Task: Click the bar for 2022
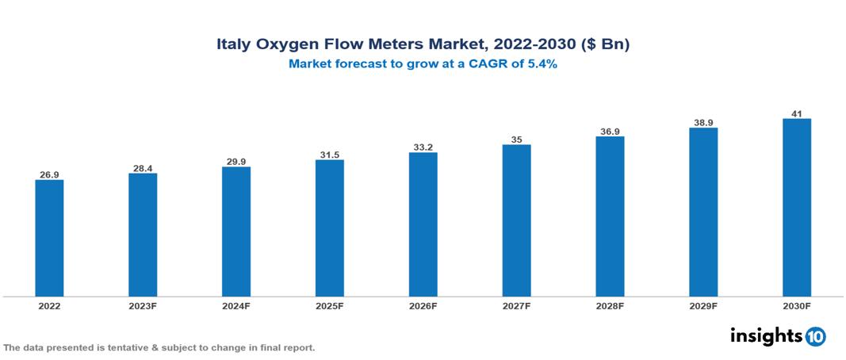coord(49,238)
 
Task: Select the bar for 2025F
coord(329,228)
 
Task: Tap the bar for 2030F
coord(796,208)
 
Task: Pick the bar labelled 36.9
coord(610,216)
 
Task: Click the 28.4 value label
coord(143,167)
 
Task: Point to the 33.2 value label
coord(423,147)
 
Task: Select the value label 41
coord(797,113)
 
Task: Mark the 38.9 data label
coord(703,122)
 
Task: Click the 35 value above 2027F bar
coord(516,139)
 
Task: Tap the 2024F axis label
coord(236,306)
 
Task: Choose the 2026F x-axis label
coord(423,306)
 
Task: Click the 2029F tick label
coord(703,306)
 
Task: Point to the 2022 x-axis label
coord(49,306)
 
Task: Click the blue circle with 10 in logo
coord(815,336)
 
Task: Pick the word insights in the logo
coord(766,335)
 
